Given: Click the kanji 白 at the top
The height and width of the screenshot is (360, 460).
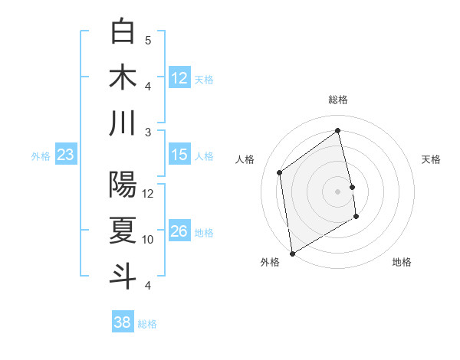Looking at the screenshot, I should tap(123, 32).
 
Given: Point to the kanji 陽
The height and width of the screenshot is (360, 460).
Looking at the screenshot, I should tap(123, 185).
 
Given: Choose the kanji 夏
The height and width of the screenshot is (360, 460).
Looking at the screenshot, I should tap(123, 231).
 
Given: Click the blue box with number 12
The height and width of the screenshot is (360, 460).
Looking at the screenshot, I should tap(179, 78).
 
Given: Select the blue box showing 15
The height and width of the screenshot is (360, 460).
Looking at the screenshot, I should tap(179, 155).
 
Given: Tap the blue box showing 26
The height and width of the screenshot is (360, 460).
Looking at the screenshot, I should tap(179, 231).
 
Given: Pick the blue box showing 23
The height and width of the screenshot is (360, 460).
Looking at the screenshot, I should tap(65, 155).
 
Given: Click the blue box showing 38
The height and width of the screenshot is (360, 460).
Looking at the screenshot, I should tap(123, 322).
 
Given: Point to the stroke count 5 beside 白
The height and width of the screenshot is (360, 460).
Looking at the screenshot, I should tap(148, 41).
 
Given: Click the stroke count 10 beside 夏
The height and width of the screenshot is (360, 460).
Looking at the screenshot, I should tap(148, 240).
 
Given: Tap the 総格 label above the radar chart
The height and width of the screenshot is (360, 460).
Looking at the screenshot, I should tap(338, 100).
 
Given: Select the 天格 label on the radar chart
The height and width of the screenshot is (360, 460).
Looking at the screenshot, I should tap(431, 159).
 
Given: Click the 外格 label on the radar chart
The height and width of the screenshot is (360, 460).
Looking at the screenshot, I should tap(270, 262).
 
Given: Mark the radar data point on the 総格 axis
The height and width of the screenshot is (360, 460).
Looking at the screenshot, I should tap(338, 131).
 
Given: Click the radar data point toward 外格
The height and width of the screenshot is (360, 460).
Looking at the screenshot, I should tap(292, 253).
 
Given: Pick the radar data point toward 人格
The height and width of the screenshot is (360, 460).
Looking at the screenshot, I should tap(280, 172).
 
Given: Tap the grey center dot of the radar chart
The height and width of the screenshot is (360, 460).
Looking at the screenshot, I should tap(338, 191).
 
